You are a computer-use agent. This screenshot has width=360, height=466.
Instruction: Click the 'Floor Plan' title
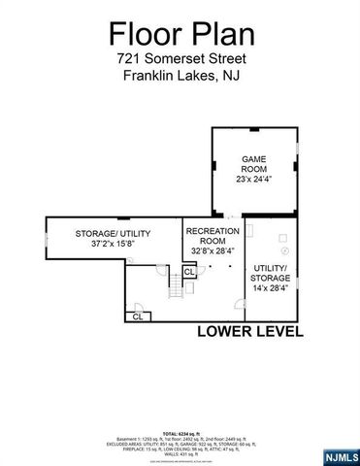[181, 35]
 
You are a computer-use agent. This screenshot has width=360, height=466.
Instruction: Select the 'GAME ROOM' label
[253, 164]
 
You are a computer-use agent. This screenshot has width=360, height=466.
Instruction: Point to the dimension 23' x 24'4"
[254, 179]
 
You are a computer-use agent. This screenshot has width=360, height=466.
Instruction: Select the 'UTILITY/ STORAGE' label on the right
[272, 273]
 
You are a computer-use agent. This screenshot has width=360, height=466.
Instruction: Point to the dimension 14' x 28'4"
[272, 289]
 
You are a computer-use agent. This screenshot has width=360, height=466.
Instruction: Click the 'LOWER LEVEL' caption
[249, 330]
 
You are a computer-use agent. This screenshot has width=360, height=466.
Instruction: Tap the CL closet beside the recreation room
[189, 272]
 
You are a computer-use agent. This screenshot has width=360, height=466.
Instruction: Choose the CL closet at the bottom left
[138, 316]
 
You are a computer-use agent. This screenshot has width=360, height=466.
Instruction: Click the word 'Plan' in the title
[220, 35]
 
